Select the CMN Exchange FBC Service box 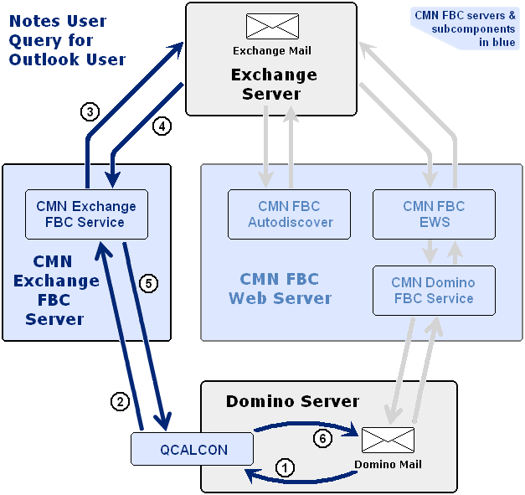(x=86, y=214)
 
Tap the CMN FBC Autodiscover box (x=290, y=214)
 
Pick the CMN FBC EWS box (x=434, y=214)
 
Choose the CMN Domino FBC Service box (x=434, y=291)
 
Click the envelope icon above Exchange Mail (x=271, y=27)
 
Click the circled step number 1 (x=286, y=468)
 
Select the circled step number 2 (x=121, y=401)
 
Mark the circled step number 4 (x=162, y=126)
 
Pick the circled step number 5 (x=147, y=283)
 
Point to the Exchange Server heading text (x=273, y=84)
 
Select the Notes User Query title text (x=67, y=40)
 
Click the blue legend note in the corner (x=465, y=28)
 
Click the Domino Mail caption (x=388, y=465)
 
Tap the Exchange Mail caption (x=271, y=50)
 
